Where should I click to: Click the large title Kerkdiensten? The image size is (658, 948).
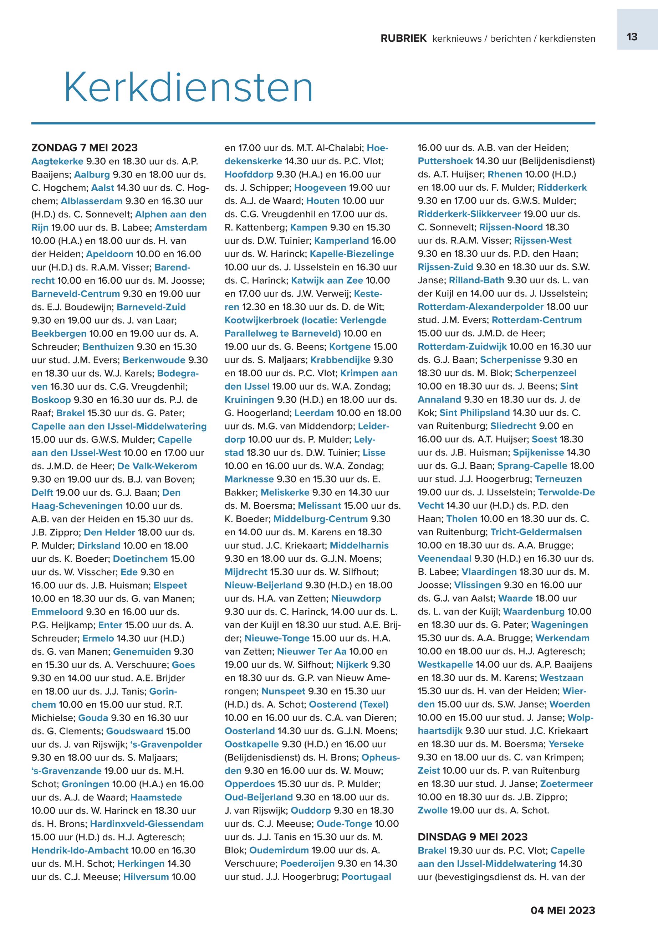tap(188, 88)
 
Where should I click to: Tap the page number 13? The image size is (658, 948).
tap(632, 37)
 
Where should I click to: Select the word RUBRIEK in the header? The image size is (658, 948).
tap(403, 39)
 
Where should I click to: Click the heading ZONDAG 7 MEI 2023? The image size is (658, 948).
tap(85, 148)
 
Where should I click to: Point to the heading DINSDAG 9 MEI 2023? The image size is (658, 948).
tap(473, 837)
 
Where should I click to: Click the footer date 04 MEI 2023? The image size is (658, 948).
tap(563, 910)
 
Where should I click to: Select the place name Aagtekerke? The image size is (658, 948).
tap(57, 161)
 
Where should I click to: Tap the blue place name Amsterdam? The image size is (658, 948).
tap(180, 227)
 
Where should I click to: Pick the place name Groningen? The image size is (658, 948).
tap(85, 784)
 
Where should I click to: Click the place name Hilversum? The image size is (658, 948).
tap(146, 877)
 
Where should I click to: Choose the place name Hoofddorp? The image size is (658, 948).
tap(249, 174)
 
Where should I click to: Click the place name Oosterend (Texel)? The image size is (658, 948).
tap(348, 705)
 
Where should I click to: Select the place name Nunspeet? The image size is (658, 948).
tap(283, 691)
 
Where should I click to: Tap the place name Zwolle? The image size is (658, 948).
tap(433, 810)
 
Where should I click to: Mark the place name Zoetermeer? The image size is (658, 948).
tap(566, 784)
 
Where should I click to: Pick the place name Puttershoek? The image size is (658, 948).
tap(445, 161)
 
